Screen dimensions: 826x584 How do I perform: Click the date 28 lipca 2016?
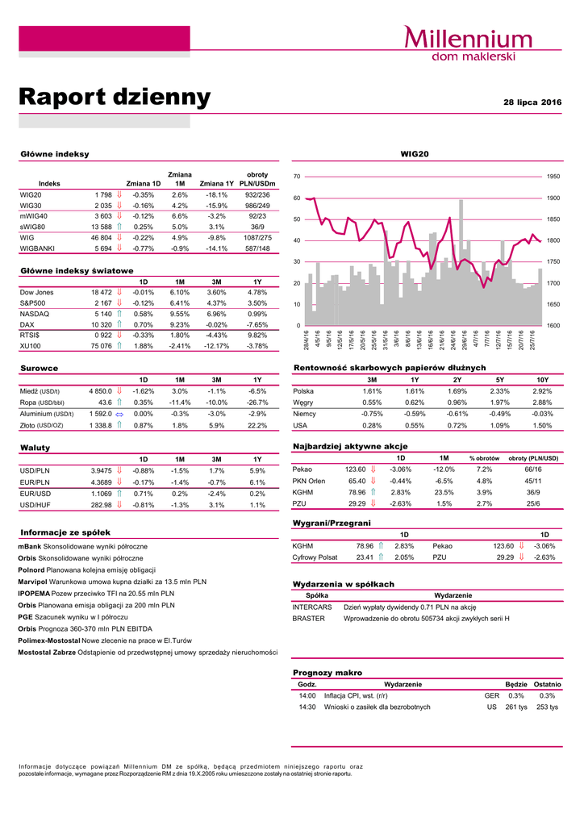532,102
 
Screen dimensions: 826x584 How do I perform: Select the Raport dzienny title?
115,98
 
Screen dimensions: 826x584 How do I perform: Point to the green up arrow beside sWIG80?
119,227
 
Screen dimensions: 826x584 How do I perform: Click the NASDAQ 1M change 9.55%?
180,313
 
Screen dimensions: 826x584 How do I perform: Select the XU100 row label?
31,346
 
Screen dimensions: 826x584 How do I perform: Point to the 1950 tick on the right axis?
553,176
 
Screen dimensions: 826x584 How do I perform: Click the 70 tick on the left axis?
297,176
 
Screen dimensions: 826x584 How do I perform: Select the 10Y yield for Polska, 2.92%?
542,390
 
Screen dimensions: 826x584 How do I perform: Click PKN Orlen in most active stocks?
307,481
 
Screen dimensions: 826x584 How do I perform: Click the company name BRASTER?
308,619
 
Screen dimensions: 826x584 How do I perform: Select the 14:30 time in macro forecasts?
307,707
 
